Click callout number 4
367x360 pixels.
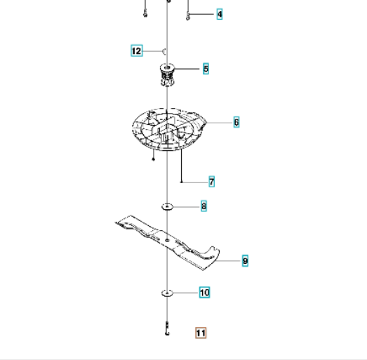click(x=220, y=14)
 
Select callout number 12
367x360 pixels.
click(x=137, y=51)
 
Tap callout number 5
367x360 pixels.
click(x=206, y=69)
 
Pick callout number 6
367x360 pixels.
click(x=236, y=122)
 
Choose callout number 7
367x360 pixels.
click(x=212, y=182)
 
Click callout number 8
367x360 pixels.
click(x=204, y=206)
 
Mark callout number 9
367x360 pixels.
click(x=245, y=261)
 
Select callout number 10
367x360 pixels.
click(x=205, y=293)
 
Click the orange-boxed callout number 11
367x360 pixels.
click(x=201, y=333)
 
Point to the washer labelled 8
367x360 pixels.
click(x=167, y=207)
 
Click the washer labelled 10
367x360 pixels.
click(x=167, y=293)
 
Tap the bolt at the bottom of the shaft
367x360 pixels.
click(x=167, y=328)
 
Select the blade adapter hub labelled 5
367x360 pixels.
click(x=167, y=74)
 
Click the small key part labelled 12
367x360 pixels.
click(x=165, y=51)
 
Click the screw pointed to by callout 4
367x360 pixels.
click(x=188, y=16)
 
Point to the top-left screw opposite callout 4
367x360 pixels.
click(x=145, y=14)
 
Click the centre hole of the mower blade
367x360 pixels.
click(x=167, y=241)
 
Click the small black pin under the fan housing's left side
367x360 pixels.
click(x=153, y=159)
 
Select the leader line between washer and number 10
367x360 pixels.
click(x=186, y=293)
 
